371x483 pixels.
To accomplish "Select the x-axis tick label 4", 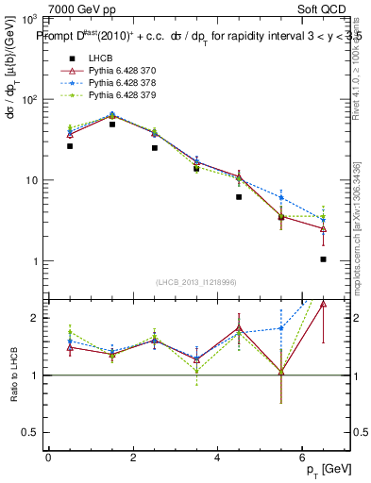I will click(x=217, y=458).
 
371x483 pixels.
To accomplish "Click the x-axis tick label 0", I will click(x=48, y=458).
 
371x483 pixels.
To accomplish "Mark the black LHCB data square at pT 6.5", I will click(x=323, y=259).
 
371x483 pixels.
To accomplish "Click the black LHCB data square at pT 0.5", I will click(x=70, y=146).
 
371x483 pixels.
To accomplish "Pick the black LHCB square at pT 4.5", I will click(x=239, y=197).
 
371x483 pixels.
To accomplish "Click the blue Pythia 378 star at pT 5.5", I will click(x=280, y=197).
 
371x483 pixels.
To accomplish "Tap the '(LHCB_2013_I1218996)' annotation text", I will click(x=195, y=282).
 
